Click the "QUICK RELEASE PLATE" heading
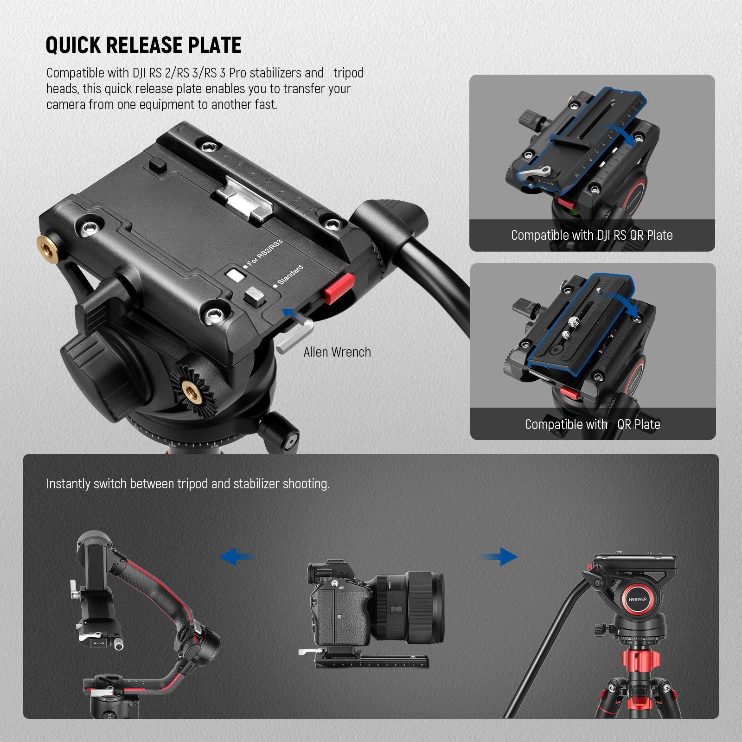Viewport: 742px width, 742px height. (143, 45)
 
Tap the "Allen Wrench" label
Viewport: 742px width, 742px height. (337, 352)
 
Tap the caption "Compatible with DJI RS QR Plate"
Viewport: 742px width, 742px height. (592, 236)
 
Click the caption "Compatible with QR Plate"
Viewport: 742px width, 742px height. (592, 424)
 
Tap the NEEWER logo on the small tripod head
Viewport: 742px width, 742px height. (638, 599)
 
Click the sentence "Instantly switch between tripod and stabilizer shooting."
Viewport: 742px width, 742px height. (188, 484)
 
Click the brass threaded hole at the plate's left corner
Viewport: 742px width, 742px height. (48, 243)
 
